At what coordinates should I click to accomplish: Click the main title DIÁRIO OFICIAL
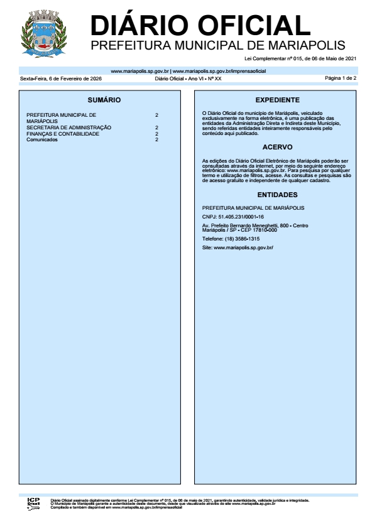pyautogui.click(x=200, y=25)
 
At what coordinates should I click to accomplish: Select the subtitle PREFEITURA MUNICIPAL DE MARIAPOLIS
pyautogui.click(x=218, y=46)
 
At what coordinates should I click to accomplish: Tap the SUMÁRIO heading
pyautogui.click(x=104, y=100)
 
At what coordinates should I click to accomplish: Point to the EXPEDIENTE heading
pyautogui.click(x=277, y=100)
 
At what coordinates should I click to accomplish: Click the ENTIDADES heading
pyautogui.click(x=277, y=195)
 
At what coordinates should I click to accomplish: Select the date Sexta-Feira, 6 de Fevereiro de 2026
pyautogui.click(x=61, y=79)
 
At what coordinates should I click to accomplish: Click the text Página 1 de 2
pyautogui.click(x=341, y=78)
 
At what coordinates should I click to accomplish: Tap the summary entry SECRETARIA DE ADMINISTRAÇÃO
pyautogui.click(x=68, y=127)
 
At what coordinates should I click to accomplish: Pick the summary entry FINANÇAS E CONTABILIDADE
pyautogui.click(x=63, y=134)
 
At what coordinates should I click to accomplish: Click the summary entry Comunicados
pyautogui.click(x=42, y=139)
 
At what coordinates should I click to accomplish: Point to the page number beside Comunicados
pyautogui.click(x=156, y=139)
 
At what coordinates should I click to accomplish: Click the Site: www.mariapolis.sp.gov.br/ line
pyautogui.click(x=238, y=248)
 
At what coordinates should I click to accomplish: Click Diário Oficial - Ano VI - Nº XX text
pyautogui.click(x=188, y=79)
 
